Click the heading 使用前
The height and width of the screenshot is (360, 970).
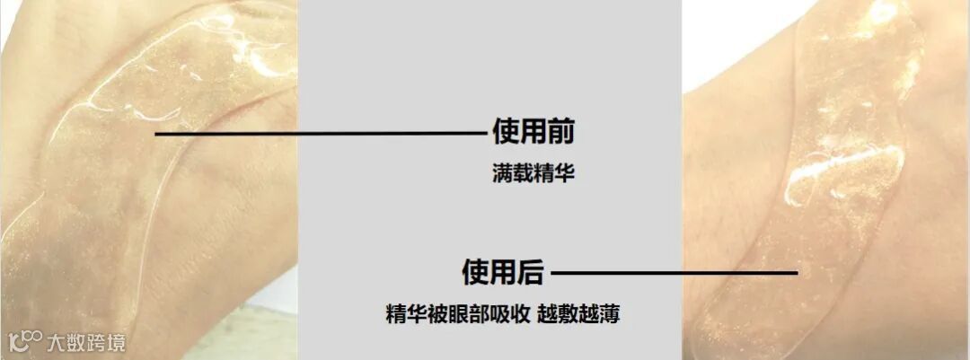pos(533,133)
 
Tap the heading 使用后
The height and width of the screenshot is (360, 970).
pos(502,271)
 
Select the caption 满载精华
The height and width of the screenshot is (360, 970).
pos(533,173)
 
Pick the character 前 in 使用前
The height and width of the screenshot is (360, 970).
pos(560,133)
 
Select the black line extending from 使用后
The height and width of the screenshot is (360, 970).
pos(674,272)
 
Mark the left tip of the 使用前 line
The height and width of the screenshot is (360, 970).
pos(157,134)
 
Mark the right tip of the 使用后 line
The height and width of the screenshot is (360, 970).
pos(796,272)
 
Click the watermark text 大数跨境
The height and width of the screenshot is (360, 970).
pos(86,342)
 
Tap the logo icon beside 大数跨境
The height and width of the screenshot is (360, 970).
pos(25,341)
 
